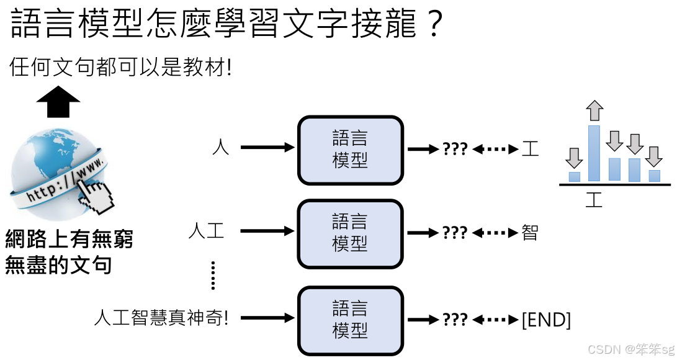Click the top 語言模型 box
coord(351,150)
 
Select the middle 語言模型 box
coord(351,233)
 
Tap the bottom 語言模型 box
coord(351,319)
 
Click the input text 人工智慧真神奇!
coord(161,319)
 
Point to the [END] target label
coord(546,320)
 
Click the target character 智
coord(530,233)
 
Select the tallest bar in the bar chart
coord(594,153)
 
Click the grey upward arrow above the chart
coord(594,110)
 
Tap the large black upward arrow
coord(58,102)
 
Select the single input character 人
coord(220,148)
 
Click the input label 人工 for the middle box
coord(206,232)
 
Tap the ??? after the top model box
coord(455,149)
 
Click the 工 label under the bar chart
coord(594,200)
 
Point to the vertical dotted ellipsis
coord(213,275)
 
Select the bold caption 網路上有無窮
coord(69,239)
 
